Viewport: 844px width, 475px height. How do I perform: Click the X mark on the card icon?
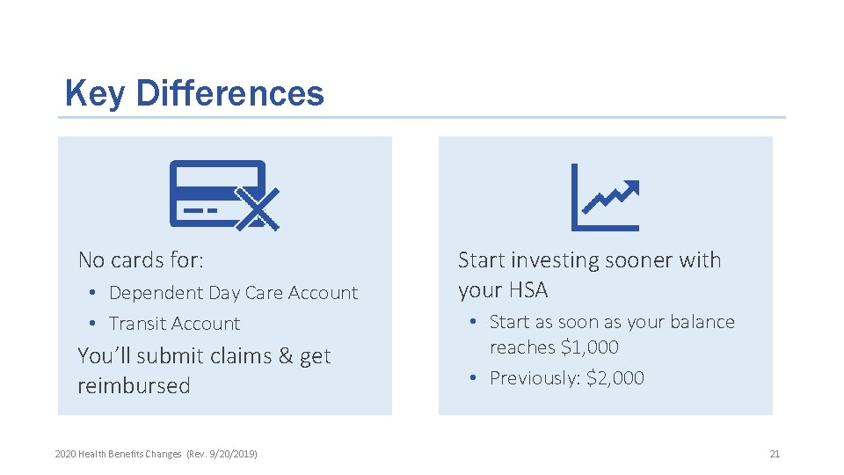[x=258, y=209]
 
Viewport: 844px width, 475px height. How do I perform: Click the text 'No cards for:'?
[x=141, y=260]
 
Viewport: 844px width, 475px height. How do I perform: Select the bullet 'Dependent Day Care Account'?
[x=233, y=293]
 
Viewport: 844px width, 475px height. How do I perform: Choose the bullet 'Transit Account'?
[x=174, y=324]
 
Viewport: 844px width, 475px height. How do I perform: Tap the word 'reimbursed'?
[x=134, y=386]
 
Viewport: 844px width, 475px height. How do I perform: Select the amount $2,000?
[x=615, y=378]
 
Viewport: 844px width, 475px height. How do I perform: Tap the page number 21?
[x=774, y=454]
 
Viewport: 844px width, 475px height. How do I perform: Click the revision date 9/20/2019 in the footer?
[x=233, y=454]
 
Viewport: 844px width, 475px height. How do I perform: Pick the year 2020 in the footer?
[x=65, y=454]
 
